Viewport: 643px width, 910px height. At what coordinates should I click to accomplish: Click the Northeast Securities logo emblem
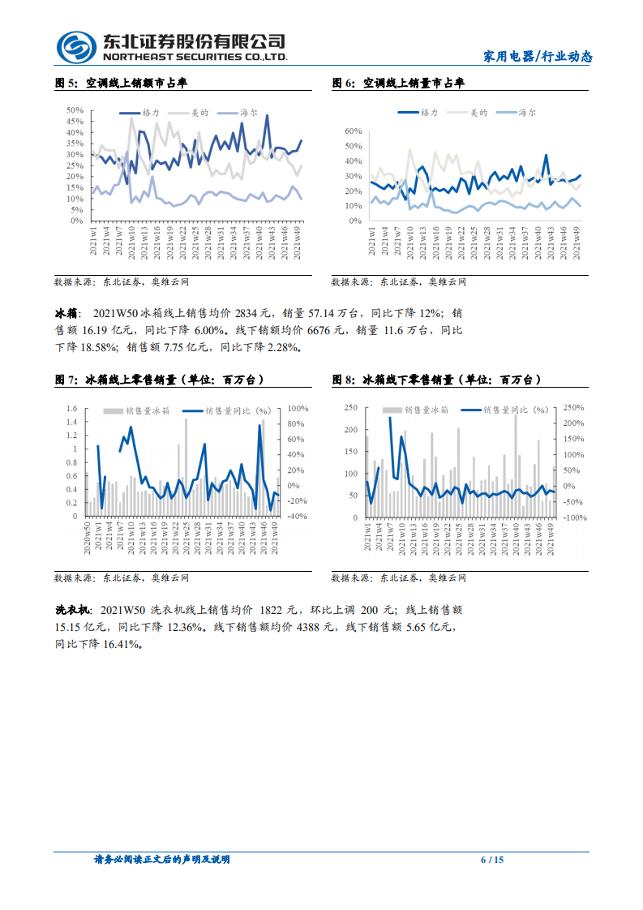point(75,46)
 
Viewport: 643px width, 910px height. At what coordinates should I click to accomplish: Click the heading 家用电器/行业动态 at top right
point(538,57)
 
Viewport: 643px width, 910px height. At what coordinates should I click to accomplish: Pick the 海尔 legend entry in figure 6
point(527,113)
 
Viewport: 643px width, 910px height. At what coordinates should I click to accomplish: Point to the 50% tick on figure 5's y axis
point(75,110)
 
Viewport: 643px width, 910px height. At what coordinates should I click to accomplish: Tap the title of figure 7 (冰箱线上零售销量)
point(158,380)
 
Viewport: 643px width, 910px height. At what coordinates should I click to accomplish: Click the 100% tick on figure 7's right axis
point(297,409)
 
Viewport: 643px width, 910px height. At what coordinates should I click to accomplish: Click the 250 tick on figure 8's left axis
point(350,407)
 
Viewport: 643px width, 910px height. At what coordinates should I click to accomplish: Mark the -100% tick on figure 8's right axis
point(575,517)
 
